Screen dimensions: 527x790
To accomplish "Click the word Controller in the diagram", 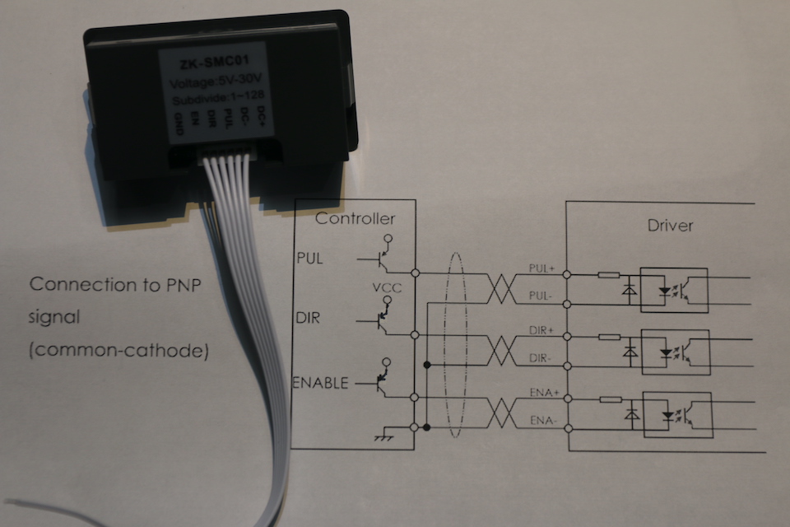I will pos(355,219).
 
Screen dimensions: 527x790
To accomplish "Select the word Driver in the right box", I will pos(670,225).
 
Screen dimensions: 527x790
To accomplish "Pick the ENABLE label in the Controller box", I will pos(319,383).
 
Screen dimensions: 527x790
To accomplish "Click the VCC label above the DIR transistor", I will pos(386,289).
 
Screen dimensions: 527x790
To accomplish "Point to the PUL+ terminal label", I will pos(541,268).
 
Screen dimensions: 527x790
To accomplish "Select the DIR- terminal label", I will pos(541,357).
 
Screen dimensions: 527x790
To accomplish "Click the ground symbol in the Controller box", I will pos(383,434).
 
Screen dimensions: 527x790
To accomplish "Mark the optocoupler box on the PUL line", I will pos(674,290).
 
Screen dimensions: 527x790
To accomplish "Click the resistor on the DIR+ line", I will pos(609,337).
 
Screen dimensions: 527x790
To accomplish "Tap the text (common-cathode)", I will pos(118,350).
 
